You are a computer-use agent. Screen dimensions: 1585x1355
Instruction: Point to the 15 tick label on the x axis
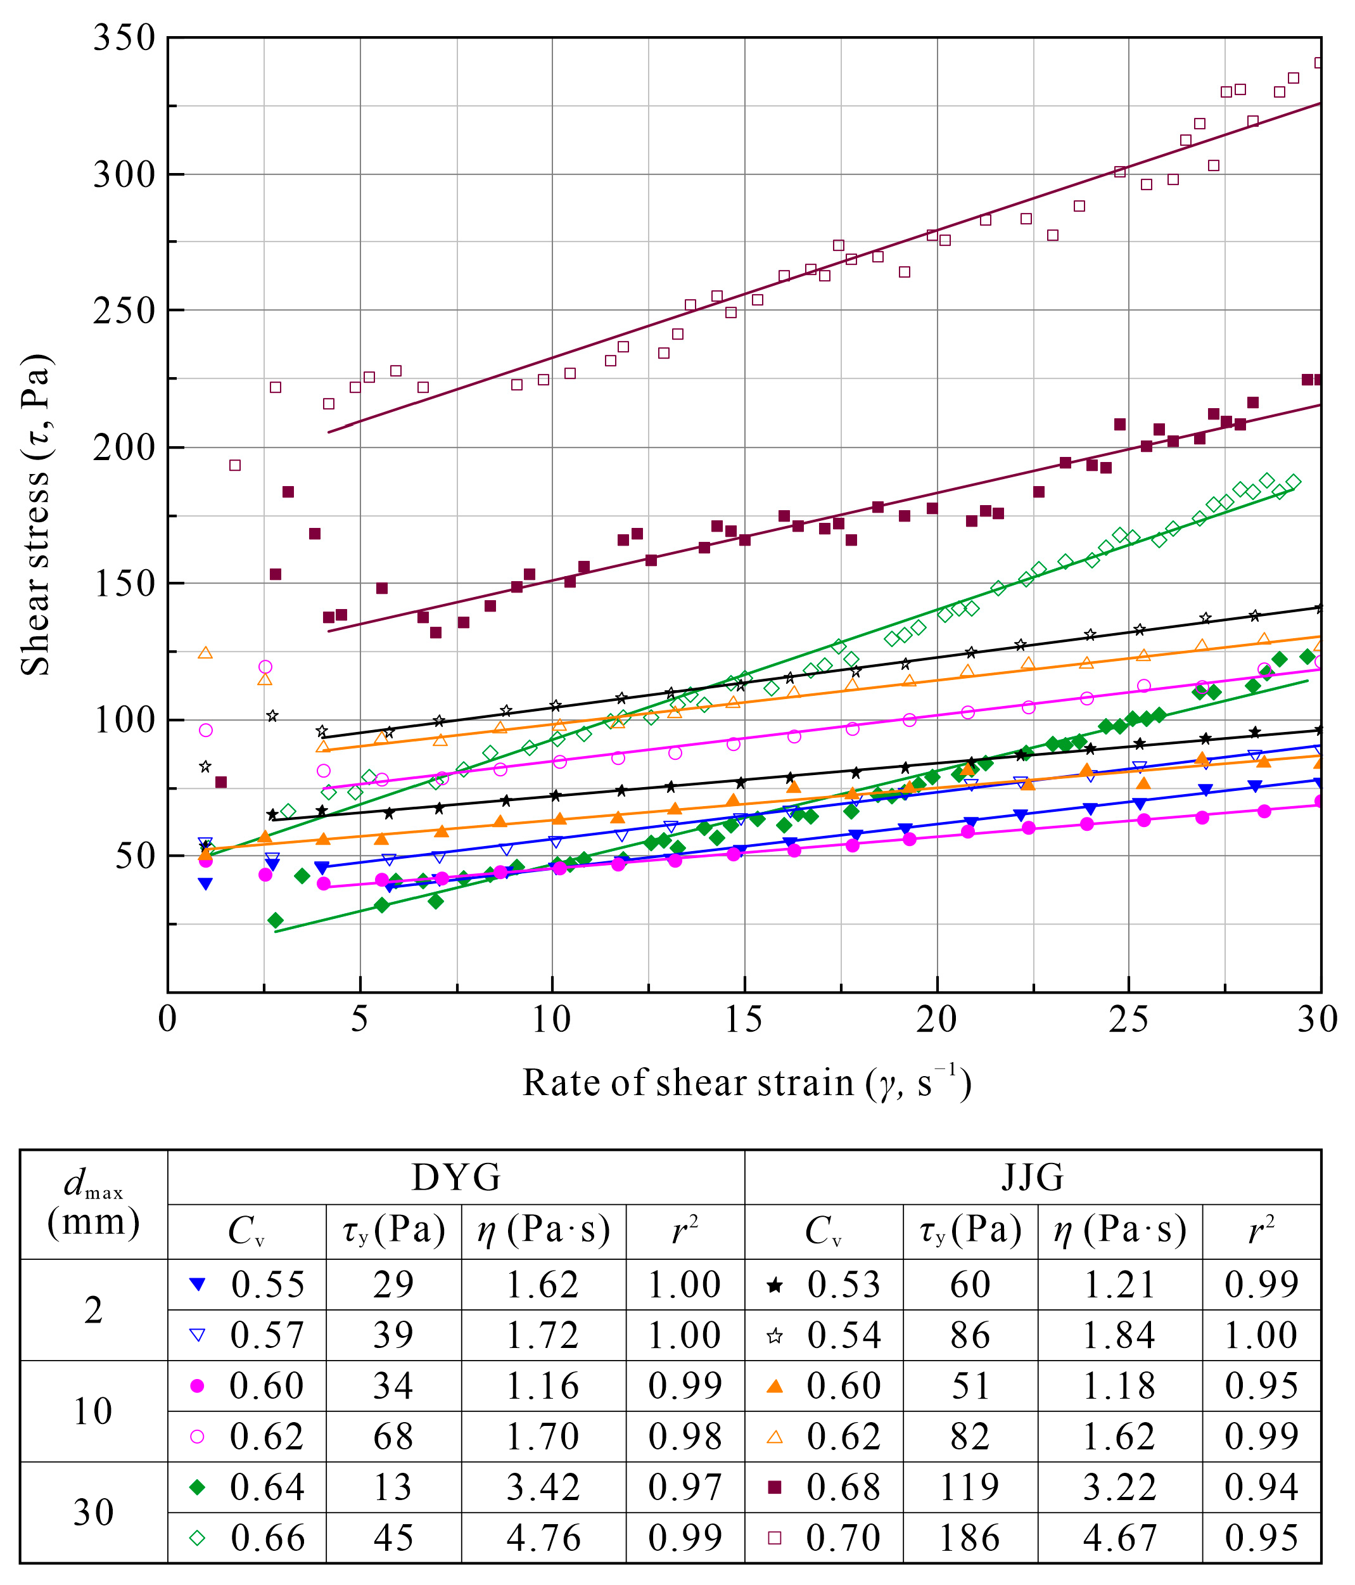pyautogui.click(x=743, y=1020)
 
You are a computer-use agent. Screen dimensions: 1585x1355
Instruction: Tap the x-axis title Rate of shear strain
pyautogui.click(x=746, y=1083)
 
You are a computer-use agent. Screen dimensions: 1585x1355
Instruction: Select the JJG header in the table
pyautogui.click(x=1033, y=1178)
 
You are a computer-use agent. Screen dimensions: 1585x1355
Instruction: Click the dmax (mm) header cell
pyautogui.click(x=93, y=1205)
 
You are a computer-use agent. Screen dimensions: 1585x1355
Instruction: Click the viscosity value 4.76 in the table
pyautogui.click(x=543, y=1538)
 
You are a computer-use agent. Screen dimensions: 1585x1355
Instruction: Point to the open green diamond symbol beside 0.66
pyautogui.click(x=197, y=1538)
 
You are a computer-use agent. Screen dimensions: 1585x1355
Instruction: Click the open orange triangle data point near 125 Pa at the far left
pyautogui.click(x=205, y=653)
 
